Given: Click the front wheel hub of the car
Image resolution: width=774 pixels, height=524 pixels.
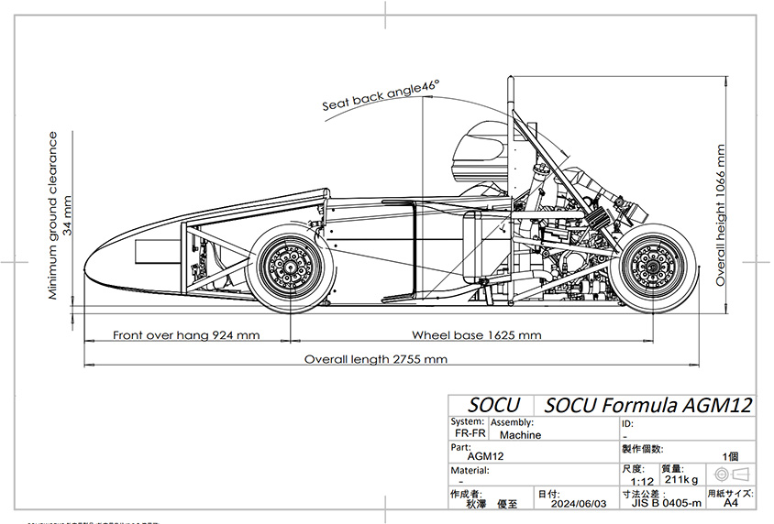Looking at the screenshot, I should pos(290,267).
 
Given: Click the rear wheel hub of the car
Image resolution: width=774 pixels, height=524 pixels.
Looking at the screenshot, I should pos(656,267).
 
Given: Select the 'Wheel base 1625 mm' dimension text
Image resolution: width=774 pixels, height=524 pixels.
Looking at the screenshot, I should pos(476,335).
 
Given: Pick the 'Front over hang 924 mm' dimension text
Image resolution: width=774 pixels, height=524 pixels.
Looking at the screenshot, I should pos(186,335).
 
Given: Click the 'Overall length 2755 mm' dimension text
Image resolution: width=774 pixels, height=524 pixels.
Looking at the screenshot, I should pos(376,359).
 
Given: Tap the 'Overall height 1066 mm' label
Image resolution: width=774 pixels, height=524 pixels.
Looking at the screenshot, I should pos(721,214).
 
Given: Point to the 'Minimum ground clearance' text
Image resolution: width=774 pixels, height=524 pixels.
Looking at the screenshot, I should pos(53,215).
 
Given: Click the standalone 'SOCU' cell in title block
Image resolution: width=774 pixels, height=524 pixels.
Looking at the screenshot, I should pos(493,405).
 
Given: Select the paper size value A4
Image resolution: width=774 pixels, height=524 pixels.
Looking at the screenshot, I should pos(730,503).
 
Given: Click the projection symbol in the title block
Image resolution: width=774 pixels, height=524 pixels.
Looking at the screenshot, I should pos(732,474).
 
